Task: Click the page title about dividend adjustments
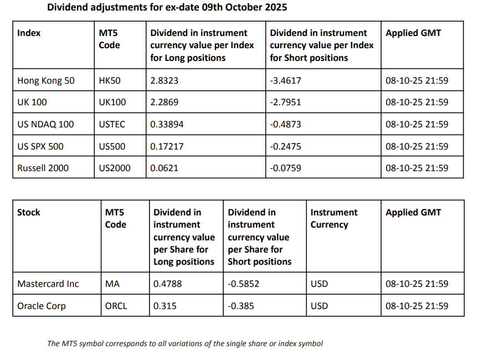167,8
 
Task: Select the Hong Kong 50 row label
45,81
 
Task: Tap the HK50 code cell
110,81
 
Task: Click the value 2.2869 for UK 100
164,102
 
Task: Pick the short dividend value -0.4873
285,125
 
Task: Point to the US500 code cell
112,146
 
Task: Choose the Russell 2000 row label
43,168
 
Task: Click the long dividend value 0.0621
164,168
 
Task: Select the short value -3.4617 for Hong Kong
285,81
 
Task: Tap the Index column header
29,33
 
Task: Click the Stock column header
29,212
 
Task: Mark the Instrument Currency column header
333,218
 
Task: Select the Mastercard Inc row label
48,284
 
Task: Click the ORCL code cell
116,306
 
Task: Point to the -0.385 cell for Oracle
241,306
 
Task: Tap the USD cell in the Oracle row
319,306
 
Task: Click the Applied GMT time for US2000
417,168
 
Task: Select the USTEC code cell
112,125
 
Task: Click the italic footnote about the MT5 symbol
184,343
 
